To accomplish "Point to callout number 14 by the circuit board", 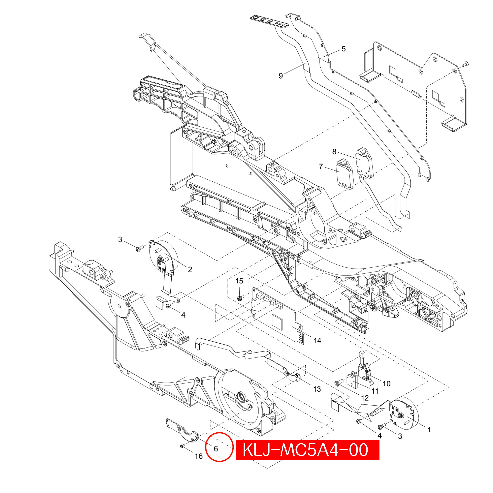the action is [x=317, y=340].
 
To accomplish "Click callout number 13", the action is [x=317, y=389].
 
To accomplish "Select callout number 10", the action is [x=387, y=383].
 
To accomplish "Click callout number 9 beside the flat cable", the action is [x=281, y=76].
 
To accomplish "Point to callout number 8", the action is [x=334, y=152].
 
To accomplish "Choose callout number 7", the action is [x=321, y=166].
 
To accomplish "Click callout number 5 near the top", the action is [x=344, y=49].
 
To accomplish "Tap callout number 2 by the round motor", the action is [x=190, y=269].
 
